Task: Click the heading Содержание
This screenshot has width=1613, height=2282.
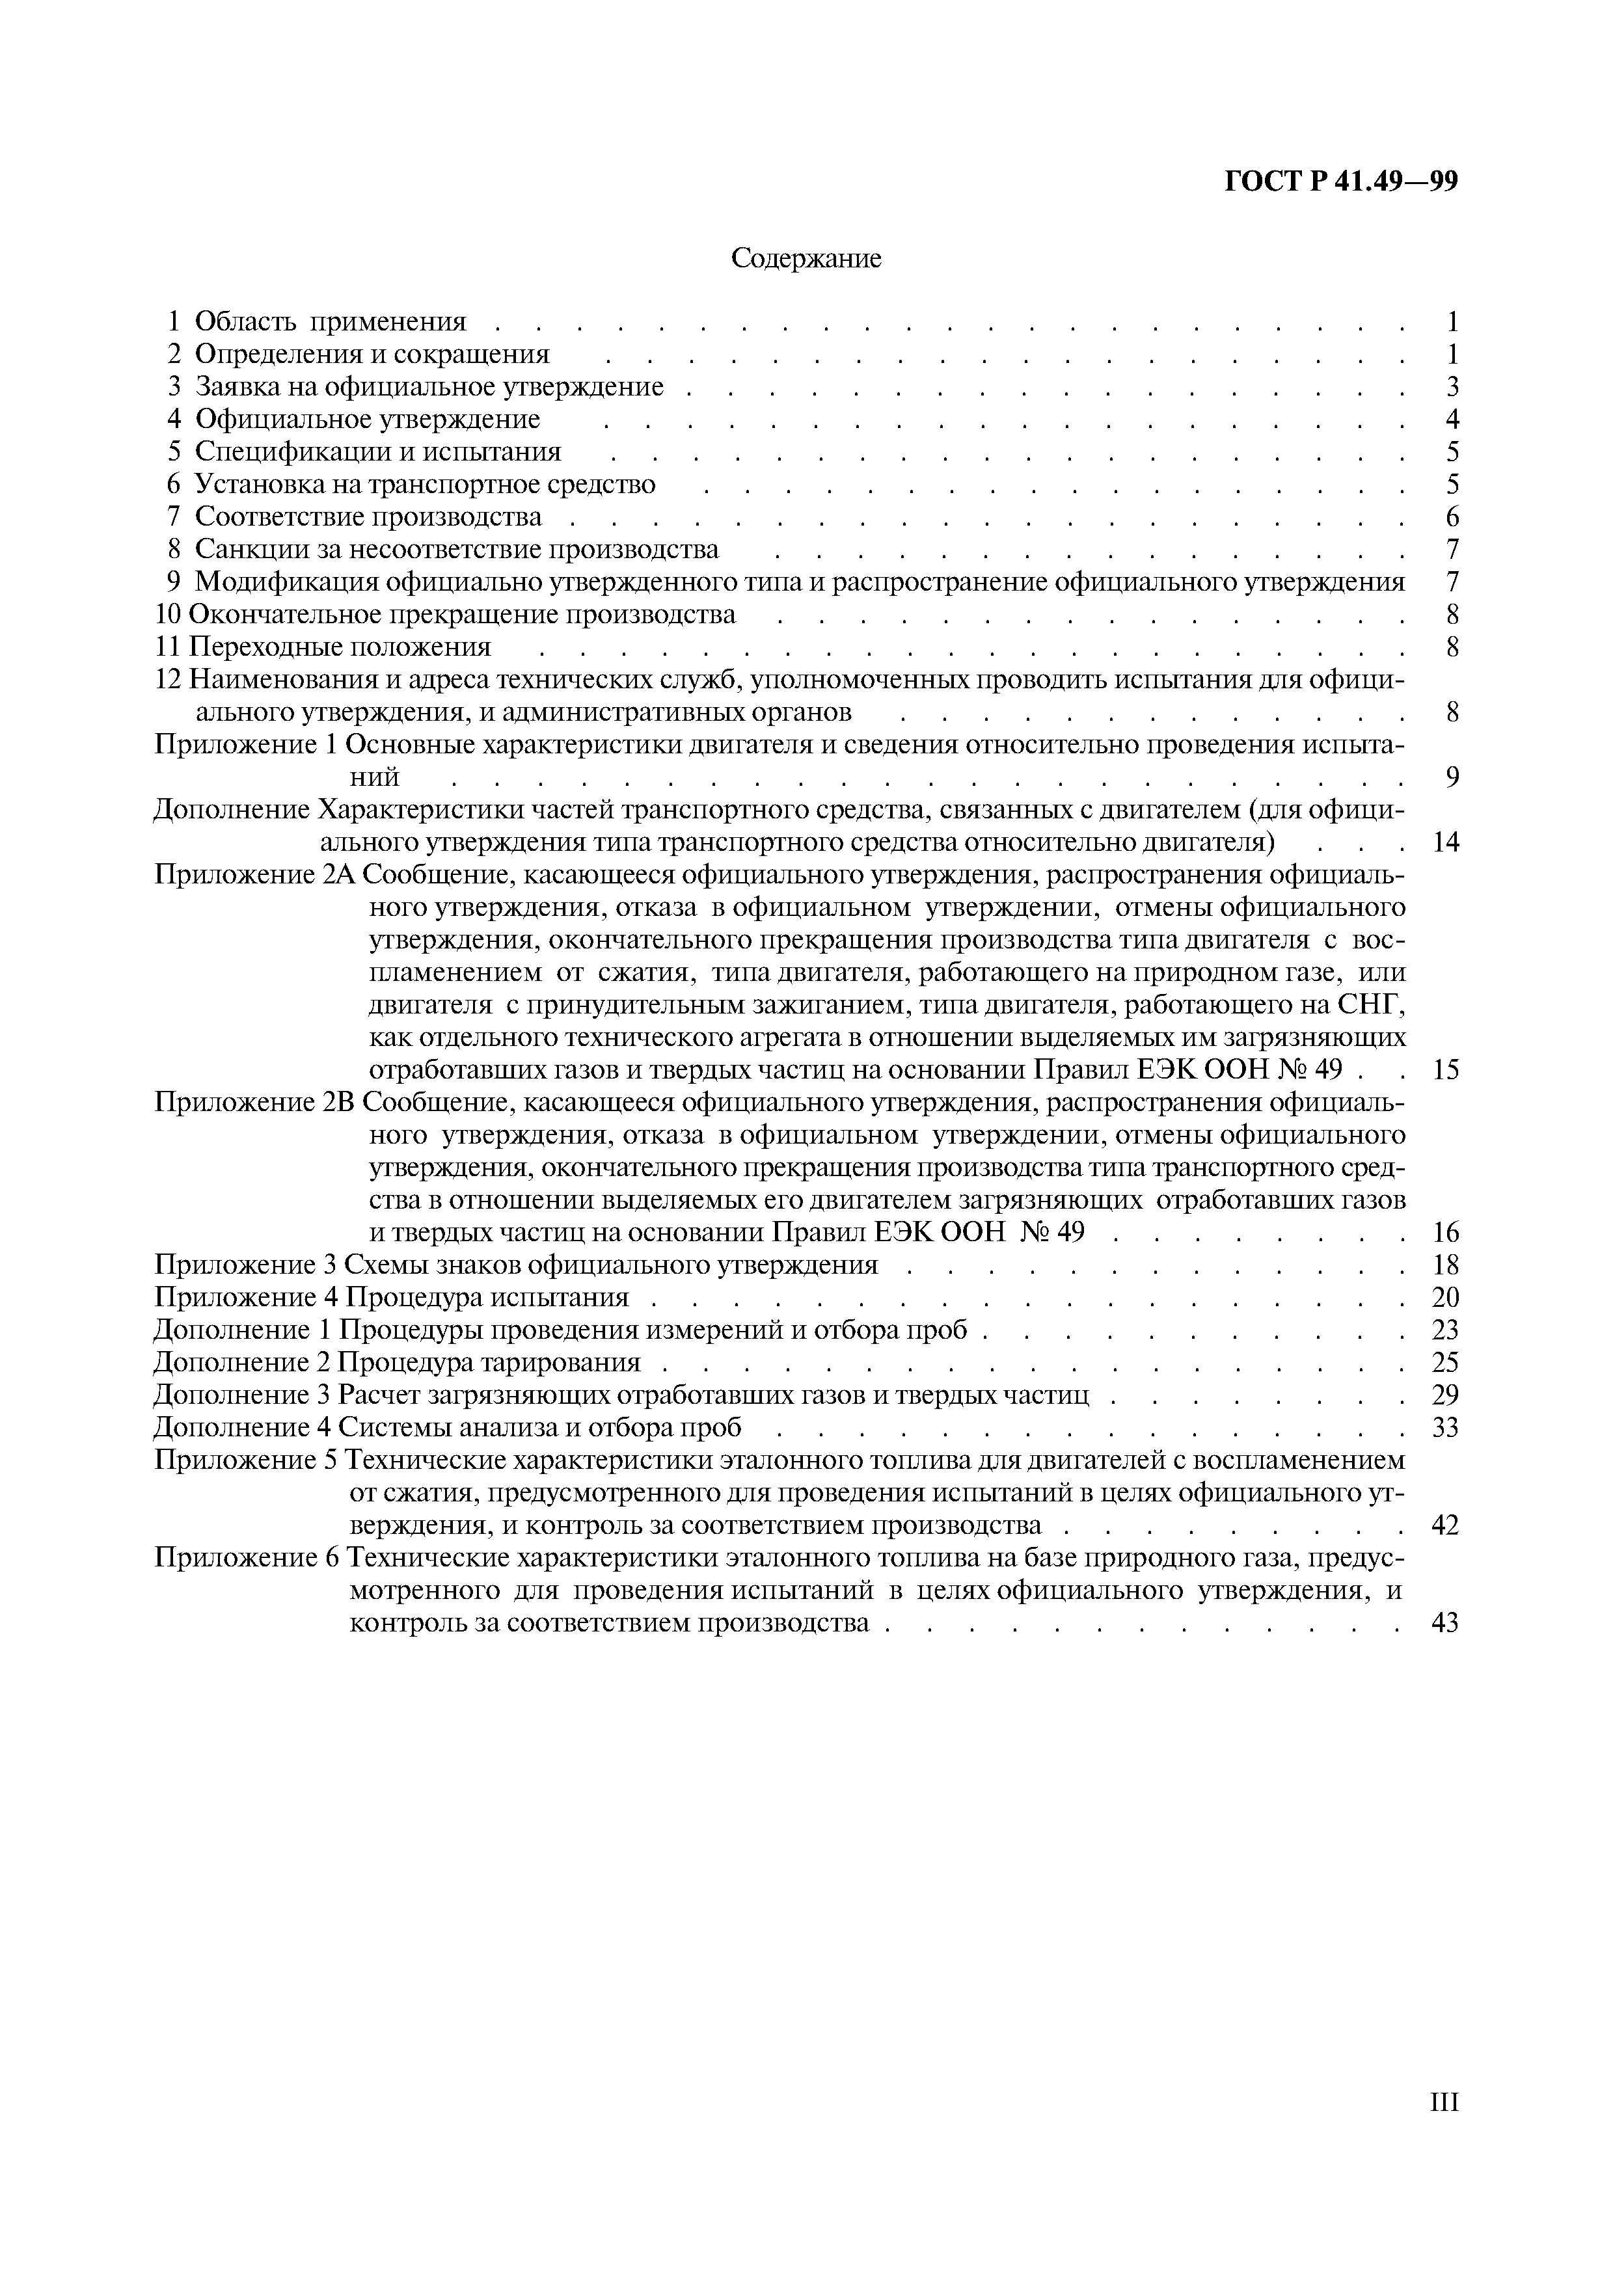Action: (x=806, y=258)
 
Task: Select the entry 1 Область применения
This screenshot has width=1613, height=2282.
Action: (x=317, y=321)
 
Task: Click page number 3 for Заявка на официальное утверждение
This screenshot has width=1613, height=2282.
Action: (x=1452, y=386)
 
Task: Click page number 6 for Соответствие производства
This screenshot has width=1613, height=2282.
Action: (x=1452, y=517)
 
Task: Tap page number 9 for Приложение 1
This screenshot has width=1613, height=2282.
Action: (x=1452, y=777)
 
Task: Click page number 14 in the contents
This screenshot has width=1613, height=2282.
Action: (x=1445, y=843)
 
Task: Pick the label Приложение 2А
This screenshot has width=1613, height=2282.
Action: (x=256, y=876)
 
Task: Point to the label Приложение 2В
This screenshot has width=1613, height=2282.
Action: (x=256, y=1103)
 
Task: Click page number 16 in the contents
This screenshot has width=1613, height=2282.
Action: (x=1445, y=1233)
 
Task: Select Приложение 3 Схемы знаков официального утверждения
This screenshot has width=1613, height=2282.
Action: (x=517, y=1265)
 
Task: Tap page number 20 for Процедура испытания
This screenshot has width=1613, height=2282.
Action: (x=1445, y=1298)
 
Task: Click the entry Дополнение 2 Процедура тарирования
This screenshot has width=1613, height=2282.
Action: (x=398, y=1363)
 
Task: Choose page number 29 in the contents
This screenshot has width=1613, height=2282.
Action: (x=1445, y=1395)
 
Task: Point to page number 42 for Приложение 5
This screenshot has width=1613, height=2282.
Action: (x=1445, y=1525)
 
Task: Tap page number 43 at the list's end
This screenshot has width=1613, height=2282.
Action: (x=1445, y=1623)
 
